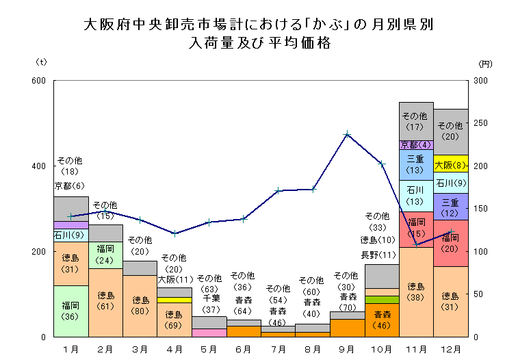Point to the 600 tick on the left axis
(38, 81)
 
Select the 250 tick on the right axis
(480, 123)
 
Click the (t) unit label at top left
(40, 62)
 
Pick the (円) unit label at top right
(484, 64)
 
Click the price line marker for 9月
(347, 134)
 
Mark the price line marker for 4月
(174, 233)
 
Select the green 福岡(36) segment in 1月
(71, 311)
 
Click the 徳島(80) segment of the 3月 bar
(140, 305)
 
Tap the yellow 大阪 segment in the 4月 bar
(174, 300)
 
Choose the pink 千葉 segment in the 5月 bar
(209, 333)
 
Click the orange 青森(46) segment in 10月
(382, 320)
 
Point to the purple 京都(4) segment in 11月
(416, 144)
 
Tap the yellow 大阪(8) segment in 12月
(450, 164)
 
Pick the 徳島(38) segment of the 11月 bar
(416, 292)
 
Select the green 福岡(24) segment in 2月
(105, 255)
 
